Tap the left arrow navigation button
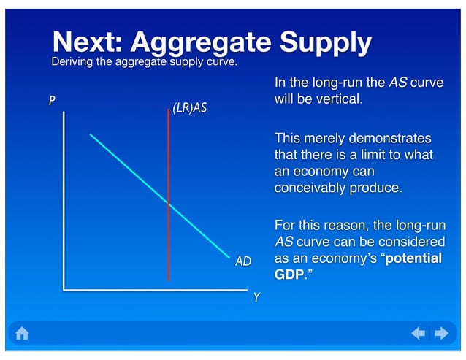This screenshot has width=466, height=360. [418, 334]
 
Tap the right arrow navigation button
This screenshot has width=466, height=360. [441, 334]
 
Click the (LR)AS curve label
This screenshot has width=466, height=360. [189, 108]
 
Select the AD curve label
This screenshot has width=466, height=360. [243, 260]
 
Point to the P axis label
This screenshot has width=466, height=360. [52, 101]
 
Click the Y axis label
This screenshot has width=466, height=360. [256, 297]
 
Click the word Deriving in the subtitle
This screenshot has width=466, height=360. [71, 62]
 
